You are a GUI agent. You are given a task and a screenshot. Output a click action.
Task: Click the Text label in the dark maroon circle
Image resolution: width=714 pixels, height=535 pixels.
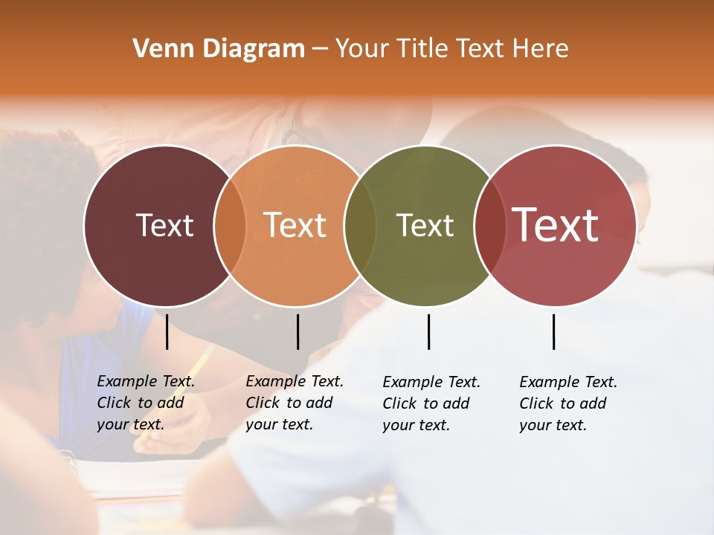pyautogui.click(x=164, y=225)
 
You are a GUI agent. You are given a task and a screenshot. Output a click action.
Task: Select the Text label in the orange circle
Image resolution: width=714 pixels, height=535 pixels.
pyautogui.click(x=295, y=225)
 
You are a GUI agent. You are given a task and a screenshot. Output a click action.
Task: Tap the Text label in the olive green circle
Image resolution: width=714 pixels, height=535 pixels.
pyautogui.click(x=425, y=225)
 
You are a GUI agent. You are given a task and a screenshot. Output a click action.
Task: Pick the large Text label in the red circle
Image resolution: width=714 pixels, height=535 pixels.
pyautogui.click(x=555, y=224)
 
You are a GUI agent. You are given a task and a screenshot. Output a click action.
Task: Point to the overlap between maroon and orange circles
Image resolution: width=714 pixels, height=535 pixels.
pyautogui.click(x=230, y=225)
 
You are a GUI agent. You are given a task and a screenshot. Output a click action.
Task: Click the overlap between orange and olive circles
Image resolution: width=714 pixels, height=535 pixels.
pyautogui.click(x=360, y=225)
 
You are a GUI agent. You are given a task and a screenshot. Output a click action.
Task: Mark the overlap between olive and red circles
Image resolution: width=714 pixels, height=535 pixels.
pyautogui.click(x=487, y=225)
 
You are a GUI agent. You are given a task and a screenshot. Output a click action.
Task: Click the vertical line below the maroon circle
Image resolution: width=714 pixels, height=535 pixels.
pyautogui.click(x=167, y=331)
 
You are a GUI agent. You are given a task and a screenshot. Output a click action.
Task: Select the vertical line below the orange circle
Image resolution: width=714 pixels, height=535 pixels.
pyautogui.click(x=297, y=331)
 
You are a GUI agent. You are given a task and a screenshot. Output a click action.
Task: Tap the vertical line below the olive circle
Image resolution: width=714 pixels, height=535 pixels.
pyautogui.click(x=428, y=331)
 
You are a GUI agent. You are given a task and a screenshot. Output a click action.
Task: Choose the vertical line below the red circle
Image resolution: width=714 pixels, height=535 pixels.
pyautogui.click(x=553, y=331)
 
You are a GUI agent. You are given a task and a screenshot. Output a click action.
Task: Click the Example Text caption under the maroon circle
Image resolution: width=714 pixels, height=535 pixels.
pyautogui.click(x=145, y=403)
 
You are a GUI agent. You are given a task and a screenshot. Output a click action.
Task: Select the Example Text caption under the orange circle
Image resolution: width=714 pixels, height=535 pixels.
pyautogui.click(x=294, y=403)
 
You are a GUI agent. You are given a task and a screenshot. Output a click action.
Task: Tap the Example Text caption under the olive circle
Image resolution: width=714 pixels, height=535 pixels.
pyautogui.click(x=431, y=403)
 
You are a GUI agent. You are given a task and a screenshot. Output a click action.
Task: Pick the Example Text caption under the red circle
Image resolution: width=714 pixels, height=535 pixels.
pyautogui.click(x=567, y=403)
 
